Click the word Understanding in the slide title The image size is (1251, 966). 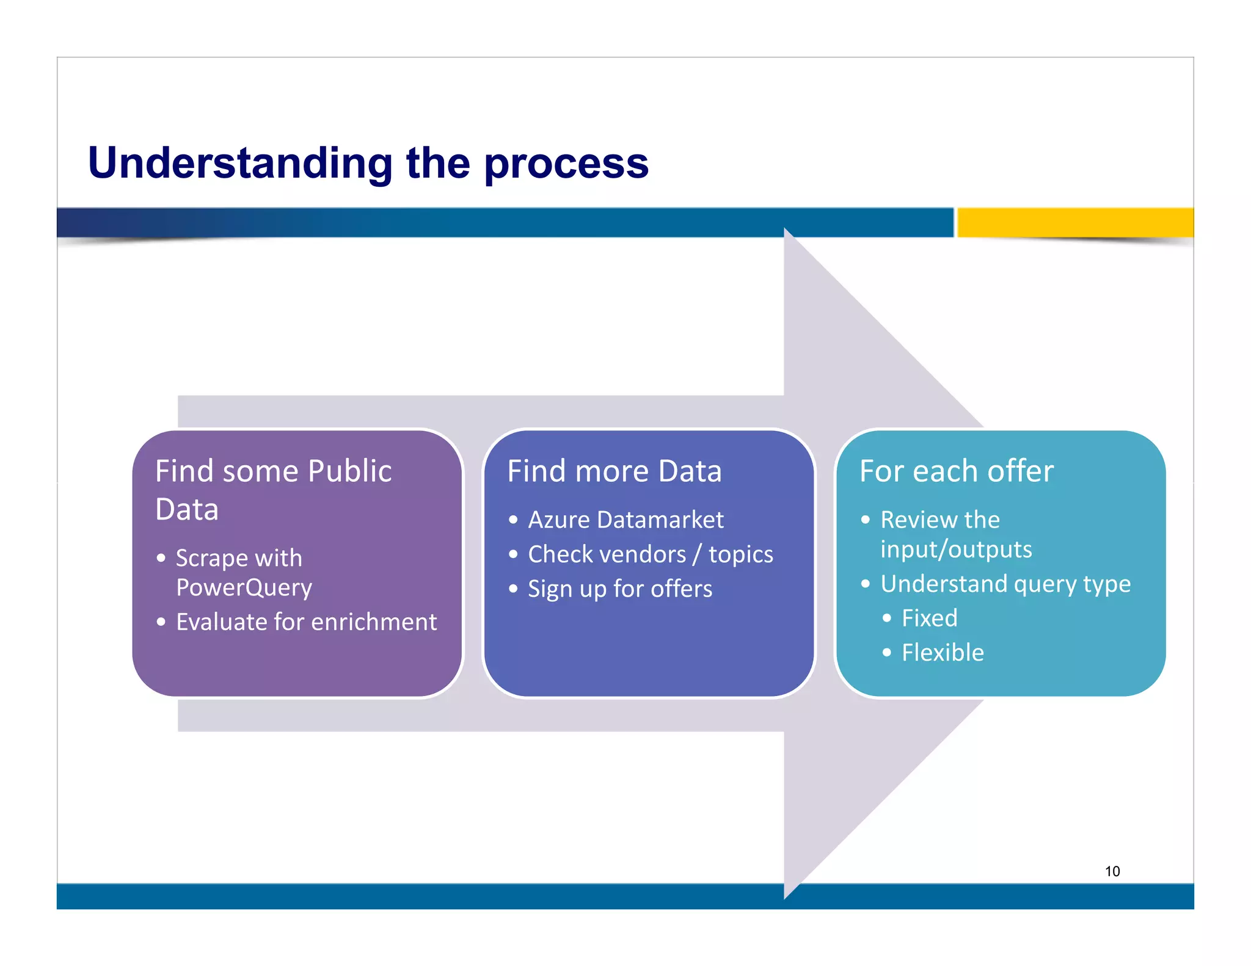tap(240, 164)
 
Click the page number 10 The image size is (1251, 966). tap(1112, 871)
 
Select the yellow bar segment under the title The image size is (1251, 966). tap(1074, 222)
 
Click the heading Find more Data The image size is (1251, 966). tap(614, 471)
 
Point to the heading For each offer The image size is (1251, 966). tap(956, 471)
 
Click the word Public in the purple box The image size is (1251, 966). tap(349, 471)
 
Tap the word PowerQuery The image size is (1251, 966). tap(244, 587)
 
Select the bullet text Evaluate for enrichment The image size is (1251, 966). tap(306, 622)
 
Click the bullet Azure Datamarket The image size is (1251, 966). tap(625, 520)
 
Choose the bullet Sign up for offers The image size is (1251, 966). tap(619, 589)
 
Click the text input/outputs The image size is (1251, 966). tap(956, 550)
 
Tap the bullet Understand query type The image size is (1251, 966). tap(1005, 584)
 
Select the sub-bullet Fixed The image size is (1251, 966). tap(929, 619)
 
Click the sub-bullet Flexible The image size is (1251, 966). tap(943, 653)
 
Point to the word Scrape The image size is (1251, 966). tap(211, 558)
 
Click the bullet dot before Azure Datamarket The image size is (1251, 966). tap(513, 520)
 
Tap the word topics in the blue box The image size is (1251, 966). tap(740, 554)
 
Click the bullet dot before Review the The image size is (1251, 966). tap(866, 520)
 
